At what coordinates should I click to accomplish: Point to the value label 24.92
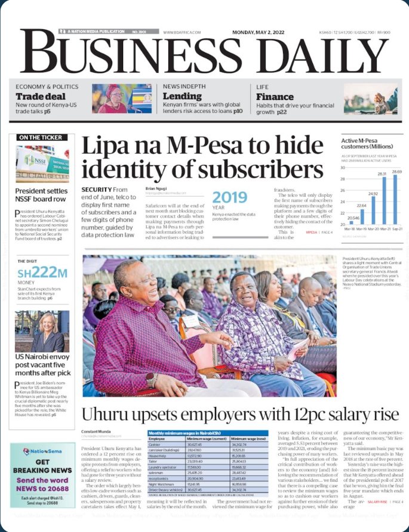[373, 194]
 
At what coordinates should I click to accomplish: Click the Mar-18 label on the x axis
[351, 228]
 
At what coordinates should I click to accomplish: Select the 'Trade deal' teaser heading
[41, 97]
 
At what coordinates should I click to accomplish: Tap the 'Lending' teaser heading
[182, 96]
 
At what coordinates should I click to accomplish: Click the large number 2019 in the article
[230, 197]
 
